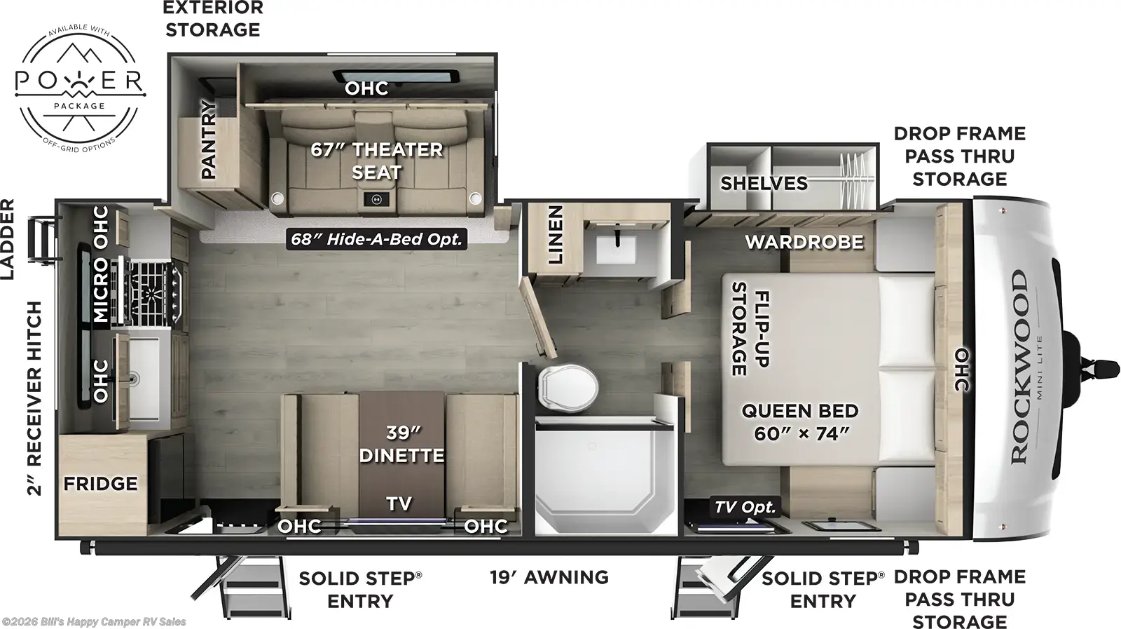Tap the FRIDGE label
tap(100, 484)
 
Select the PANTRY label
tap(209, 139)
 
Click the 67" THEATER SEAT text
tap(377, 161)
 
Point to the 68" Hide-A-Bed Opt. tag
tap(377, 239)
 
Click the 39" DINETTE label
tap(401, 444)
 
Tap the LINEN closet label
tap(555, 234)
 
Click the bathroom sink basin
tap(617, 249)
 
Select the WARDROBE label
tap(804, 242)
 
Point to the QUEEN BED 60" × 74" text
tap(800, 421)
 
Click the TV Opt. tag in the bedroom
tap(745, 507)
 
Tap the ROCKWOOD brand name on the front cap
tap(1019, 366)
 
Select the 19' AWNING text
tap(549, 577)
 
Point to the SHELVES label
tap(764, 183)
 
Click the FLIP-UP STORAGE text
tap(750, 328)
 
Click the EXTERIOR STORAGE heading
tap(213, 19)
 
